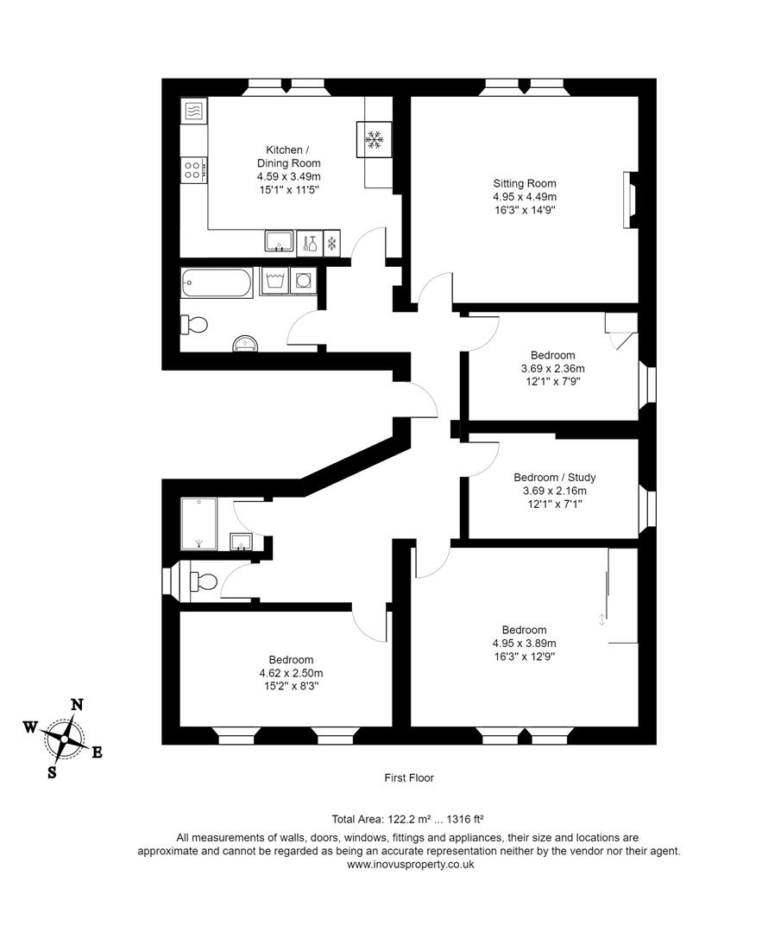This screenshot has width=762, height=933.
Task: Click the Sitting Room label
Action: pos(524,183)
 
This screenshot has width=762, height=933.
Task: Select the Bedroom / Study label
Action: pos(554,477)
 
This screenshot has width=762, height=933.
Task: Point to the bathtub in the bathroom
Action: pos(217,282)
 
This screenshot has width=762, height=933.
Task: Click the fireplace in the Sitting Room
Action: pos(629,200)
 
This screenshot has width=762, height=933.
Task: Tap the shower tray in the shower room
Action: pos(198,524)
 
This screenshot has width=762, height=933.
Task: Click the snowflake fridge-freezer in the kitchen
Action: pos(375,139)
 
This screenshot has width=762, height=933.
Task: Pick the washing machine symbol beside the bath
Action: pos(274,281)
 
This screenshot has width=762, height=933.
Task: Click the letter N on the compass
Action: pos(76,704)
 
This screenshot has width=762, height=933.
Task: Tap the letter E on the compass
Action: pos(97,752)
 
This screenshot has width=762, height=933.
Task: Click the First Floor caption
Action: pos(409,777)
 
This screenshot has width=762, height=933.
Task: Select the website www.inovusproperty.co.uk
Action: pos(410,864)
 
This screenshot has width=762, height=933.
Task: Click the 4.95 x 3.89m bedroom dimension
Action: pos(524,643)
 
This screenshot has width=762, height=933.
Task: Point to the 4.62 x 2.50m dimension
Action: pos(291,673)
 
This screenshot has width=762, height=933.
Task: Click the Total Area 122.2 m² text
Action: pos(379,819)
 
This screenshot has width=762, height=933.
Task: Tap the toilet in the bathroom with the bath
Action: pos(195,325)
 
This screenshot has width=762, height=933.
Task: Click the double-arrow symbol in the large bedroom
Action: pos(601,619)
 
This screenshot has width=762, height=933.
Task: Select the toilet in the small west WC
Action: pos(203,581)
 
